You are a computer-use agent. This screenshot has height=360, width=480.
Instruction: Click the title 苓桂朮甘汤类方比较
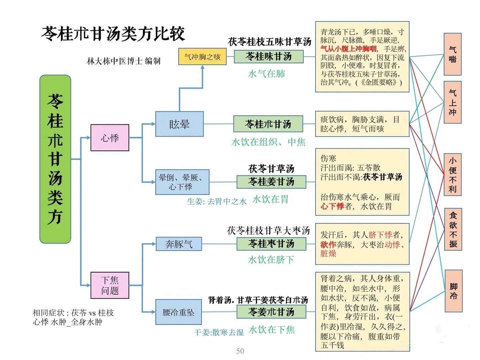[113, 34]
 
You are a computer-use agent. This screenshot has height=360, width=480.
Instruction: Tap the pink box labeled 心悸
[110, 138]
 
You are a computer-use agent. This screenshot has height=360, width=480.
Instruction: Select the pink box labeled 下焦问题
[110, 285]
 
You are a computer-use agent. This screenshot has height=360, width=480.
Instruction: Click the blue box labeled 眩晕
[179, 124]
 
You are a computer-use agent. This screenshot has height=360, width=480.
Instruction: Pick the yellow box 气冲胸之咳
[202, 57]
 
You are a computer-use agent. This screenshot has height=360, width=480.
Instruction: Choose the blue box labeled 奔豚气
[179, 244]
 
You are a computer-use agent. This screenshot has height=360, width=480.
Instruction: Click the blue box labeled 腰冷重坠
[178, 312]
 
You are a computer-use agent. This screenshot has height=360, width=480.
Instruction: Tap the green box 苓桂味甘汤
[269, 56]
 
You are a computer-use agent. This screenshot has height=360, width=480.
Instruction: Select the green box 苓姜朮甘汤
[271, 312]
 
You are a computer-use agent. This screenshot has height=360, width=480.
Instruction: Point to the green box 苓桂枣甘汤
[271, 244]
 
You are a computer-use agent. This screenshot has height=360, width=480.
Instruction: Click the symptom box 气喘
[452, 54]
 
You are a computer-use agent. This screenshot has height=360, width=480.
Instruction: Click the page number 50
[240, 351]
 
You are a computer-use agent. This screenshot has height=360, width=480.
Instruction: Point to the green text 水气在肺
[267, 74]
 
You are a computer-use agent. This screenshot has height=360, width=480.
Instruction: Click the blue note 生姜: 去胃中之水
[217, 202]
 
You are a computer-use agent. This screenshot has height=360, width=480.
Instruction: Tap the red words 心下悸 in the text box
[332, 207]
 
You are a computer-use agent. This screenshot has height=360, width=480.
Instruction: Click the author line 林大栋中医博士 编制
[123, 61]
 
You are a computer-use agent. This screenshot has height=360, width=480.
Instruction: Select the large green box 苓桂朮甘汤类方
[55, 159]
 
